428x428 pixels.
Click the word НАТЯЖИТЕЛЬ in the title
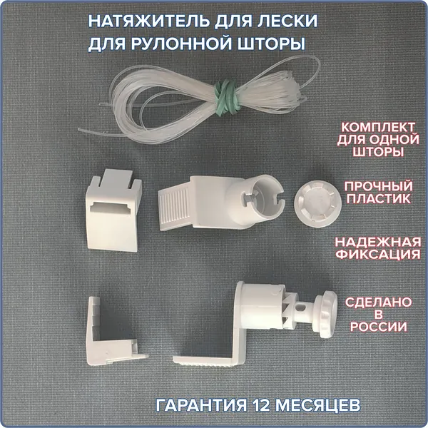pos(150,21)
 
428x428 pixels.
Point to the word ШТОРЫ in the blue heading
pos(271,44)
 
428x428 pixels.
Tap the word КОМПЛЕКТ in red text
pos(378,127)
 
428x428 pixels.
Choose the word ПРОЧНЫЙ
pos(378,186)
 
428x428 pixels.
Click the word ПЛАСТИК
pos(378,198)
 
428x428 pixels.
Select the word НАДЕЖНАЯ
pos(378,242)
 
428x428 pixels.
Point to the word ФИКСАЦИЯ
pos(378,254)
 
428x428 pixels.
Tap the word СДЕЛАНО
pos(378,302)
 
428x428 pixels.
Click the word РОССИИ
pos(378,327)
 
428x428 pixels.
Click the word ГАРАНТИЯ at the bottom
pos(200,405)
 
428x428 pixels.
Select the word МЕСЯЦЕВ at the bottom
pos(317,405)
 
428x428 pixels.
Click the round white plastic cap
pos(317,203)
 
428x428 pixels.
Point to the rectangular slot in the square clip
pos(111,208)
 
